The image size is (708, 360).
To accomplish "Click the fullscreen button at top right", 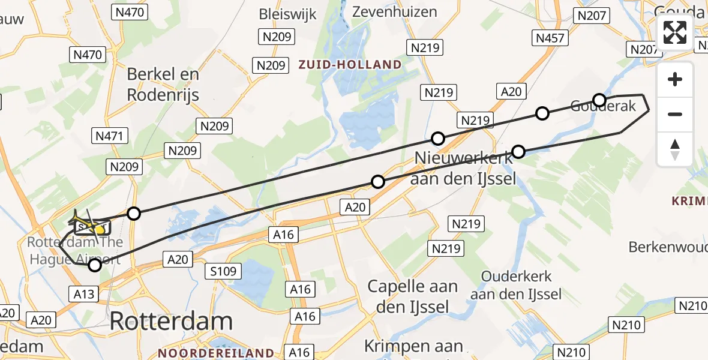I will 675,32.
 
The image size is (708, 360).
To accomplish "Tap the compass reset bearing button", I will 675,149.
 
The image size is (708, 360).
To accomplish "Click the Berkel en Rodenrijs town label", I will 163,85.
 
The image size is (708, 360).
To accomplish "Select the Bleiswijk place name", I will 287,14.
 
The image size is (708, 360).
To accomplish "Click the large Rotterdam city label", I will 171,322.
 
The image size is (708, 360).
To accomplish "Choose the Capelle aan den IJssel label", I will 413,296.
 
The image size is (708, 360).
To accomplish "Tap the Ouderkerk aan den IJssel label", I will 516,286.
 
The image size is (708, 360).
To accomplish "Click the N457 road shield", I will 550,38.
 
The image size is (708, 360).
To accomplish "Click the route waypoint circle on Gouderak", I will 599,100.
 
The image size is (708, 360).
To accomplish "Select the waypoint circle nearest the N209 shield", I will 134,214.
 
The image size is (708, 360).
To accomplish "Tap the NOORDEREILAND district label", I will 216,353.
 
